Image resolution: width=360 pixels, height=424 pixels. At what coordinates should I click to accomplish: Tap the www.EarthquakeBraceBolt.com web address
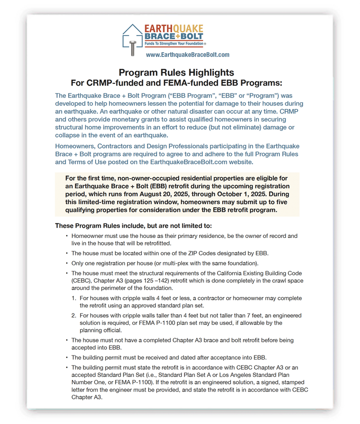pyautogui.click(x=188, y=55)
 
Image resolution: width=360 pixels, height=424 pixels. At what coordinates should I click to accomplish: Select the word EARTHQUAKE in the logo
pyautogui.click(x=174, y=29)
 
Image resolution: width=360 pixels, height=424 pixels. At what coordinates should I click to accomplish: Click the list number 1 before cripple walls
pyautogui.click(x=74, y=298)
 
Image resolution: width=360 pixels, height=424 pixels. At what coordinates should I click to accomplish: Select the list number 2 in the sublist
pyautogui.click(x=74, y=316)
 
